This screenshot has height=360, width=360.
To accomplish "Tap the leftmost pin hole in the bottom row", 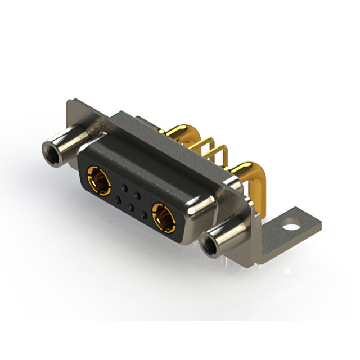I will [118, 199].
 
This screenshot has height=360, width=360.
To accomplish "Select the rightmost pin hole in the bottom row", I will [145, 215].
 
